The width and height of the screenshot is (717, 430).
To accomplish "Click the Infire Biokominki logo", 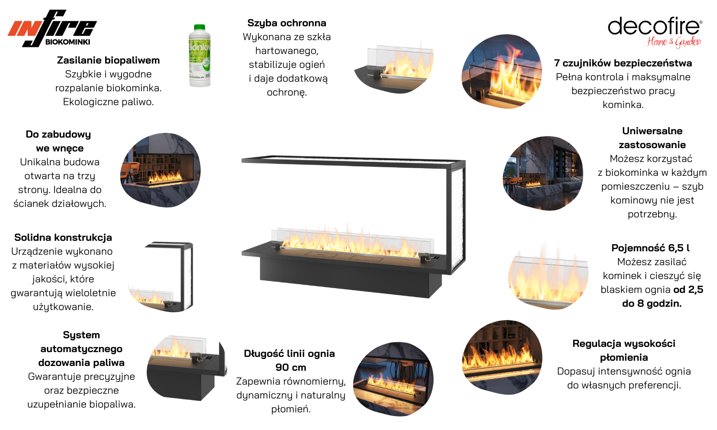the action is pyautogui.click(x=52, y=29).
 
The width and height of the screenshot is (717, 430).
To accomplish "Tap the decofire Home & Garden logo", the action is pyautogui.click(x=655, y=32).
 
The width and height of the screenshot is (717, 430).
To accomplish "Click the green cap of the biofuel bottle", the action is pyautogui.click(x=199, y=28).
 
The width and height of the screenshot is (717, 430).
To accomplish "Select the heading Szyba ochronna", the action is pyautogui.click(x=287, y=23).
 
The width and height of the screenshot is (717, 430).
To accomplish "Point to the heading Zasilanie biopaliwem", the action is pyautogui.click(x=108, y=60).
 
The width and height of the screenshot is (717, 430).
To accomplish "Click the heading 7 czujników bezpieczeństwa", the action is pyautogui.click(x=623, y=63).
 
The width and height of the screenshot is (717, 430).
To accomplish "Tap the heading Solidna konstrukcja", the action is pyautogui.click(x=63, y=237).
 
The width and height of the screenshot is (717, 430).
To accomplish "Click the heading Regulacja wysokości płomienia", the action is pyautogui.click(x=624, y=350).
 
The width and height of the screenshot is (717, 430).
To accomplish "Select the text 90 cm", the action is pyautogui.click(x=291, y=367).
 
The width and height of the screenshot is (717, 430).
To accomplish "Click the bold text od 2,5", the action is pyautogui.click(x=688, y=290).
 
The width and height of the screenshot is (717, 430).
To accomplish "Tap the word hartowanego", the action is pyautogui.click(x=287, y=51).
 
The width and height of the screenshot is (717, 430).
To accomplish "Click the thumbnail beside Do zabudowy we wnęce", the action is pyautogui.click(x=160, y=170).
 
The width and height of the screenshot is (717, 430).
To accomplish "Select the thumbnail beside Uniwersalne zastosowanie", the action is pyautogui.click(x=543, y=173).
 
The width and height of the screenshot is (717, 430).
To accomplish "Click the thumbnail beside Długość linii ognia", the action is pyautogui.click(x=393, y=379).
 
